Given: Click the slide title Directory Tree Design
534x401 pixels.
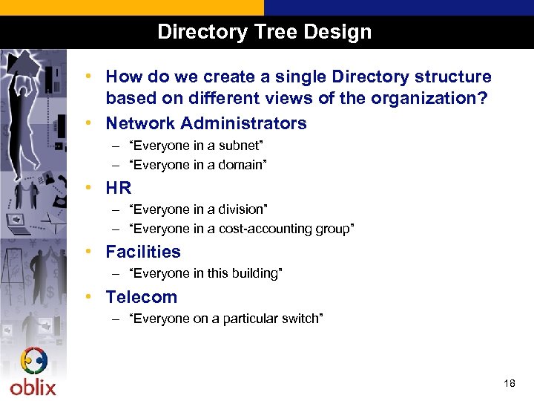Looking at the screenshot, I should coord(264,33).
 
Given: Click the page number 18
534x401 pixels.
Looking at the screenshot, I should coord(509,383).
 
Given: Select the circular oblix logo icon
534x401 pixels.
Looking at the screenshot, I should coord(33,362).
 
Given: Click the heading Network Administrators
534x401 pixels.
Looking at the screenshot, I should coord(205,123).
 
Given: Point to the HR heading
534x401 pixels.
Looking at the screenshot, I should coord(118,188).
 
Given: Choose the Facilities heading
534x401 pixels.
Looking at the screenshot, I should coord(142,252).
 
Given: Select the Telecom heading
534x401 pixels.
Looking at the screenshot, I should coord(141,297).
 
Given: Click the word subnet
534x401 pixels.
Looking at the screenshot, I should coord(240,146).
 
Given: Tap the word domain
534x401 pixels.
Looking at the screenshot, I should coord(240,165).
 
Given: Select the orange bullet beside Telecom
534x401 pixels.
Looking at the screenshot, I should coord(88,296).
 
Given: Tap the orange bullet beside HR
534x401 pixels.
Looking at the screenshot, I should coord(88,187).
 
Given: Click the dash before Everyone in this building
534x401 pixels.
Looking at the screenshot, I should coord(116,273).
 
